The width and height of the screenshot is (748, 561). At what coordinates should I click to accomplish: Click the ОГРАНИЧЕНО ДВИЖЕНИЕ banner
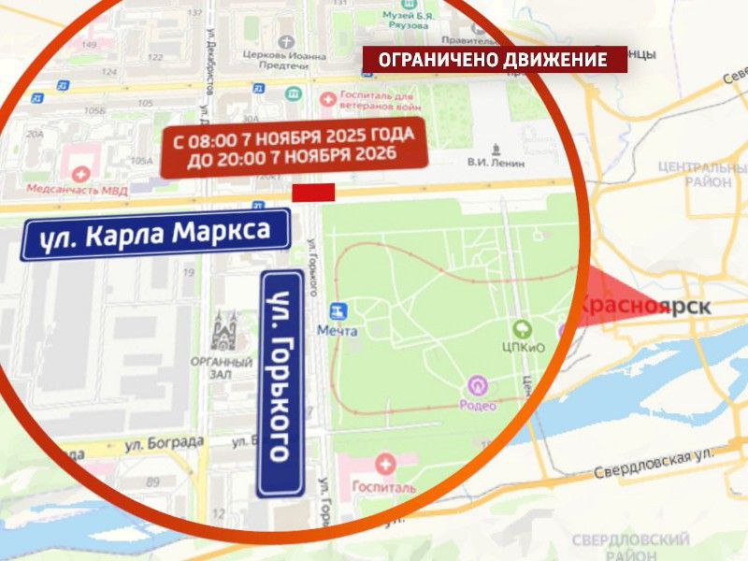[x=494, y=60]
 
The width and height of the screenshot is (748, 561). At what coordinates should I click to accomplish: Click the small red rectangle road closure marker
[x=313, y=193]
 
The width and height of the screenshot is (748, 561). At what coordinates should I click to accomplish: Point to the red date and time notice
[x=294, y=147]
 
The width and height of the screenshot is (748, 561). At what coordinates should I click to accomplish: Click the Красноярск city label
[x=645, y=306]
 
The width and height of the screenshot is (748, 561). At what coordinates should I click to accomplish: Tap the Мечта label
[x=338, y=330]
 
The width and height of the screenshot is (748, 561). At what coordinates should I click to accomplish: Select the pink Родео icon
[x=478, y=384]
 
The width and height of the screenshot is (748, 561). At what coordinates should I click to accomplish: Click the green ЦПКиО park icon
[x=523, y=329]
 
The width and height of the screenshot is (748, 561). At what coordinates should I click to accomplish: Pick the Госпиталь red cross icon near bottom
[x=384, y=464]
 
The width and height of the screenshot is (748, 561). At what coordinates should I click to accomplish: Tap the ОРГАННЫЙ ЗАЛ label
[x=222, y=367]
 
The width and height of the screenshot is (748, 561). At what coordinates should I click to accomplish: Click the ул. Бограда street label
[x=164, y=441]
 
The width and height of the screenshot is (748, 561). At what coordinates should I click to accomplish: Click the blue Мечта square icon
[x=338, y=310]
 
